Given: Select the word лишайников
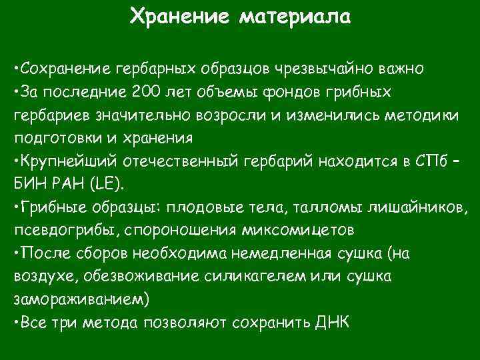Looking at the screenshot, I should pyautogui.click(x=418, y=207).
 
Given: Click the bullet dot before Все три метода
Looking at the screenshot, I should pyautogui.click(x=16, y=322).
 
